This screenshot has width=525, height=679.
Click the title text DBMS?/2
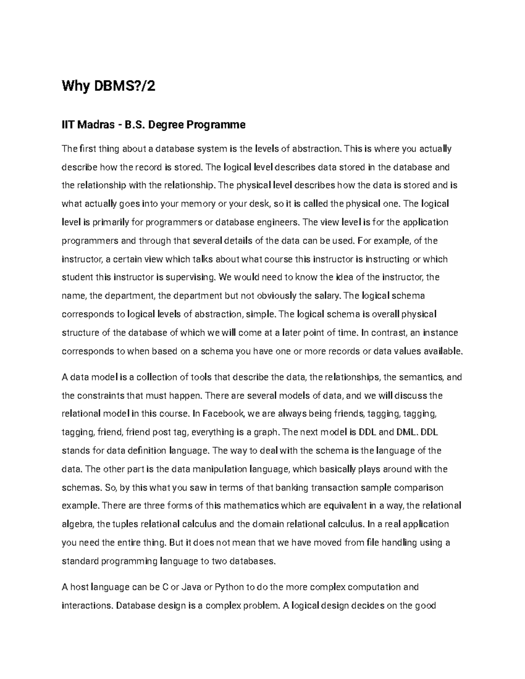click(x=123, y=87)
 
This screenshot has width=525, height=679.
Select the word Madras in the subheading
click(x=98, y=125)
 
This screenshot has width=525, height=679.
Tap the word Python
click(x=230, y=587)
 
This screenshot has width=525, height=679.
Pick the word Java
click(x=191, y=587)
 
